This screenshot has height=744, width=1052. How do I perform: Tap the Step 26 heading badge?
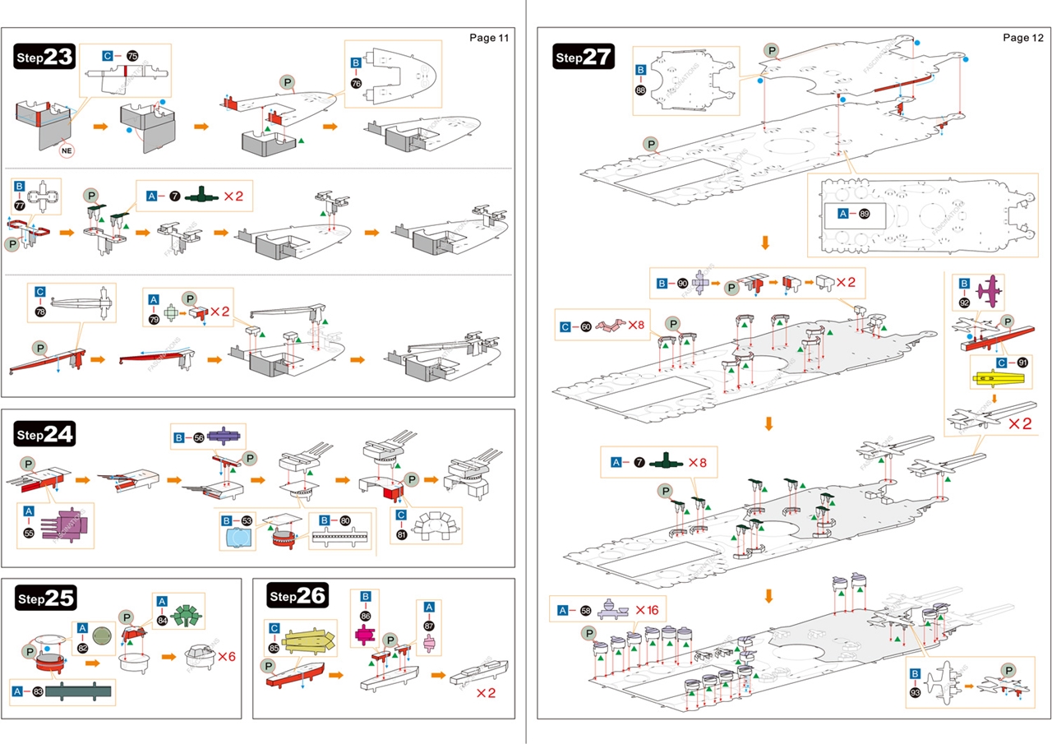click(298, 597)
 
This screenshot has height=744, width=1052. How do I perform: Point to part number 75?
click(132, 55)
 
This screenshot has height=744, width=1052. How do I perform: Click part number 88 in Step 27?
click(640, 90)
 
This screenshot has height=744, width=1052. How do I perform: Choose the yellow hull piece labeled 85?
click(307, 640)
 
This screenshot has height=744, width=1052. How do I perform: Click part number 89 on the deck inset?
click(864, 214)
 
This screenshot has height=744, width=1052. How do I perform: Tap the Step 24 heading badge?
click(45, 434)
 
